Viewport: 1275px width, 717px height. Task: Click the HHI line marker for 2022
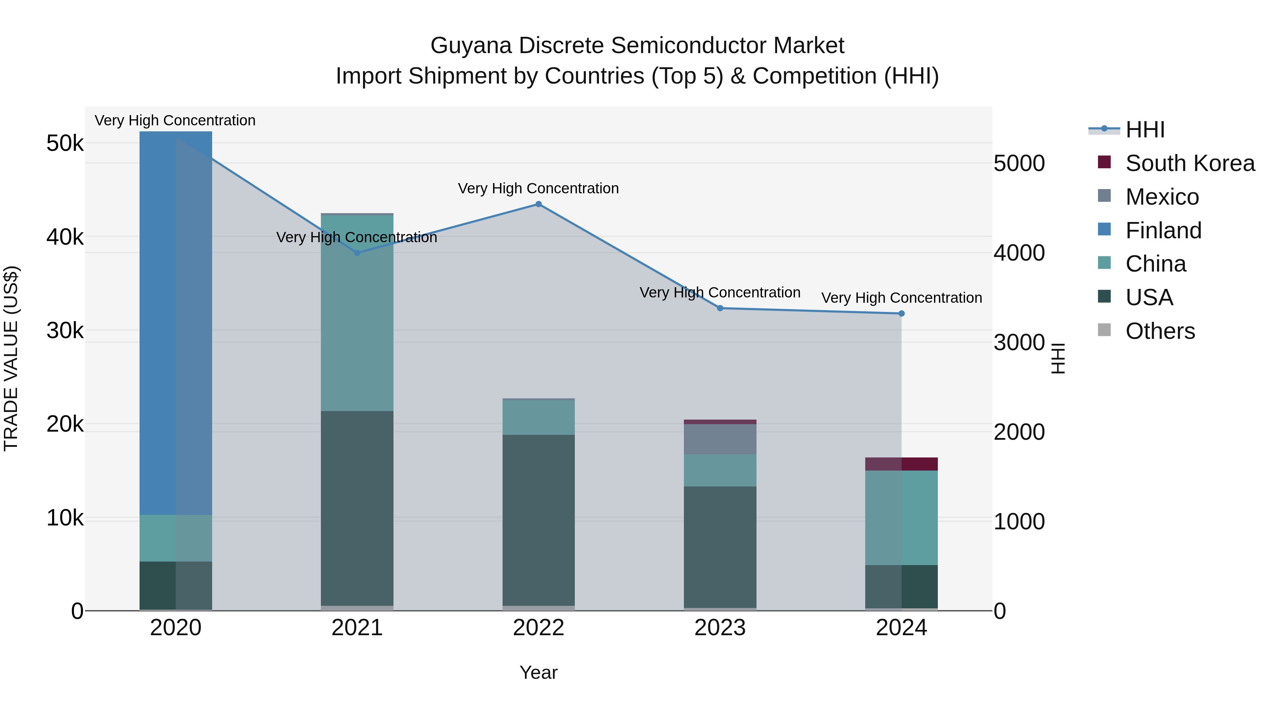coord(538,204)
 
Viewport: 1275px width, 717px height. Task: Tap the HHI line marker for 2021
coord(357,253)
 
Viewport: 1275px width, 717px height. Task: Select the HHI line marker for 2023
coord(720,308)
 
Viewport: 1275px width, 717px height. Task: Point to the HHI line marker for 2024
coord(901,314)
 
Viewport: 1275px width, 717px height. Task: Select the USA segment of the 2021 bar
coord(357,508)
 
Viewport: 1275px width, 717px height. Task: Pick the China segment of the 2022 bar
coord(538,417)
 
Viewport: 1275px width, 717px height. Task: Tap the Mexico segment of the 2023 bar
coord(720,439)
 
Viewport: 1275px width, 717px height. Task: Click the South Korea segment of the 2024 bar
coord(901,464)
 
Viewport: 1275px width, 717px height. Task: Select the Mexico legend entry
coord(1162,197)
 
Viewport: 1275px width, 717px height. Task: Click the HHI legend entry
coord(1144,130)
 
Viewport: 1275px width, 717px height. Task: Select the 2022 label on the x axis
coord(538,628)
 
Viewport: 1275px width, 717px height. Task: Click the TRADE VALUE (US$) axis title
coord(11,359)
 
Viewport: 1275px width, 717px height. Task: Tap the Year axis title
coord(538,672)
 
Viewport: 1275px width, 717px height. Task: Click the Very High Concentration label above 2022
coord(538,188)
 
